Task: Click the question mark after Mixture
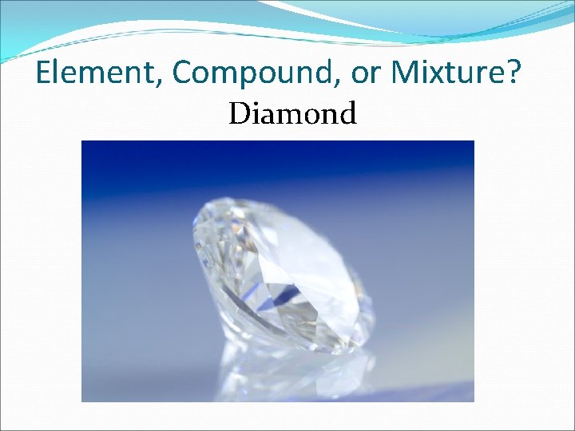click(514, 73)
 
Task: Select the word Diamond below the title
click(292, 114)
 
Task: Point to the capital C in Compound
click(182, 73)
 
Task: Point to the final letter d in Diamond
click(347, 114)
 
